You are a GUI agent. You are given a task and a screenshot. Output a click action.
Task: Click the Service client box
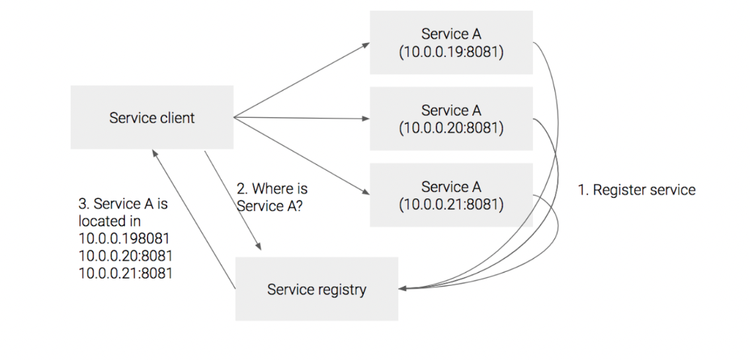pos(151,117)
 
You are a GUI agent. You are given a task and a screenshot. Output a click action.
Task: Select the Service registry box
pos(317,289)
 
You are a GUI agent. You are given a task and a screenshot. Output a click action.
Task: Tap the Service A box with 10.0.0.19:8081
pos(451,42)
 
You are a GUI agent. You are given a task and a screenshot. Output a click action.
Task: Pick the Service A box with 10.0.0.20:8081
pos(451,119)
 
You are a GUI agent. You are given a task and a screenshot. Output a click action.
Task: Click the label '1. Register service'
pos(636,190)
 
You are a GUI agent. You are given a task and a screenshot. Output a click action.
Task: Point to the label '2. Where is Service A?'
pos(272,197)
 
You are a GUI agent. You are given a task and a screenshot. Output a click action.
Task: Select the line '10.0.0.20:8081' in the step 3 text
pos(125,255)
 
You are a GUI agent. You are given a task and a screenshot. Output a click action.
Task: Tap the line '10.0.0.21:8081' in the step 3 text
pos(125,273)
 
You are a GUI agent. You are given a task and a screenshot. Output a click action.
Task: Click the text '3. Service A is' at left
pos(123,204)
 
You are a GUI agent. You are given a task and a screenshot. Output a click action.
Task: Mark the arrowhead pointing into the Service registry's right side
pos(403,289)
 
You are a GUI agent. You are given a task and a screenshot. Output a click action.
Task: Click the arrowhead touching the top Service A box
pos(366,46)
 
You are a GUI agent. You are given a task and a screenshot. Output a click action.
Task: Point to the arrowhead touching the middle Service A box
pos(366,119)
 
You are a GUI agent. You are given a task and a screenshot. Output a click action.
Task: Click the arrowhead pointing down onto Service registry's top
pos(263,247)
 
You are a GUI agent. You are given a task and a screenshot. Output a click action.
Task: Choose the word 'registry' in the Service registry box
pos(341,290)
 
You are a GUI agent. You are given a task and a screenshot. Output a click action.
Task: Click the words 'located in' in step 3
pos(109,221)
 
